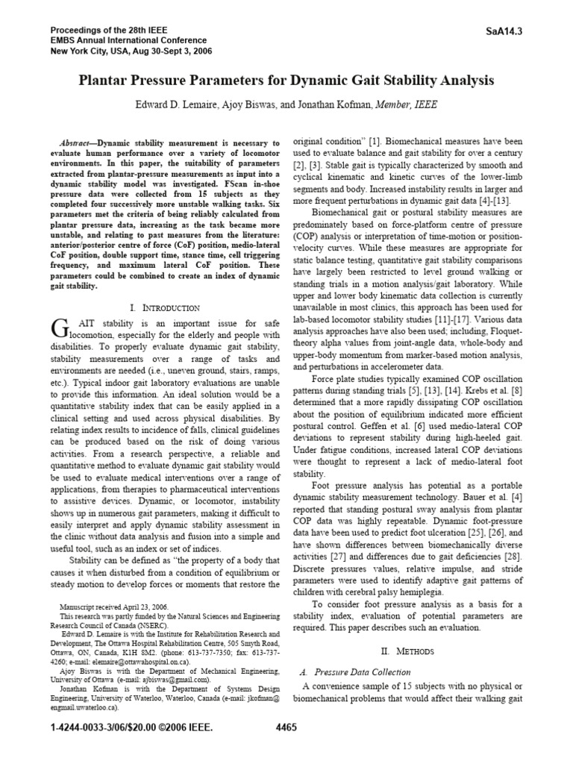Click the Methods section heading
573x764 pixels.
(416, 651)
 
